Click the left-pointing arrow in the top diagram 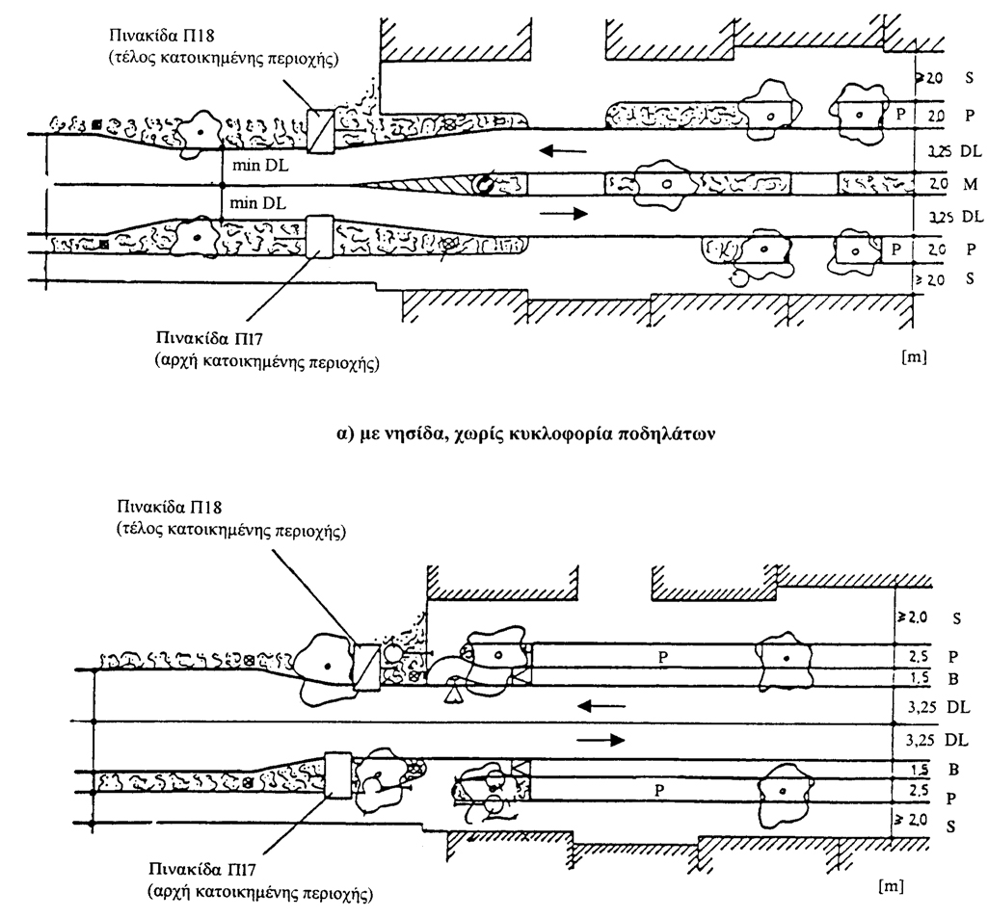[x=558, y=150]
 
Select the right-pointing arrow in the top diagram [x=565, y=214]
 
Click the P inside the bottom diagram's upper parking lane [x=662, y=655]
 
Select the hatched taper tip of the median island [x=414, y=183]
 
